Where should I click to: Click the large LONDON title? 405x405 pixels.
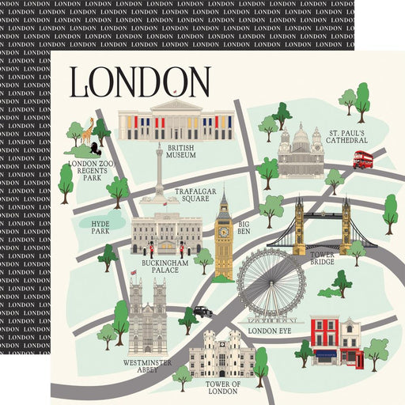click(140, 81)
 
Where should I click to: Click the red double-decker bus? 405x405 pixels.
click(363, 159)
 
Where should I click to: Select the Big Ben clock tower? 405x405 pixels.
click(224, 233)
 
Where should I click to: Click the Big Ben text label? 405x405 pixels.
click(245, 229)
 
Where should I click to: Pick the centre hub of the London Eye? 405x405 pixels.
click(271, 284)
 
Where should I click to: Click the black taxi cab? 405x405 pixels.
click(202, 312)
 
